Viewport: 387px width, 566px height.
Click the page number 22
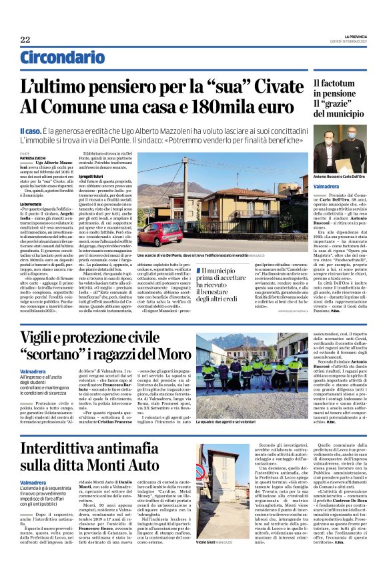coord(25,39)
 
